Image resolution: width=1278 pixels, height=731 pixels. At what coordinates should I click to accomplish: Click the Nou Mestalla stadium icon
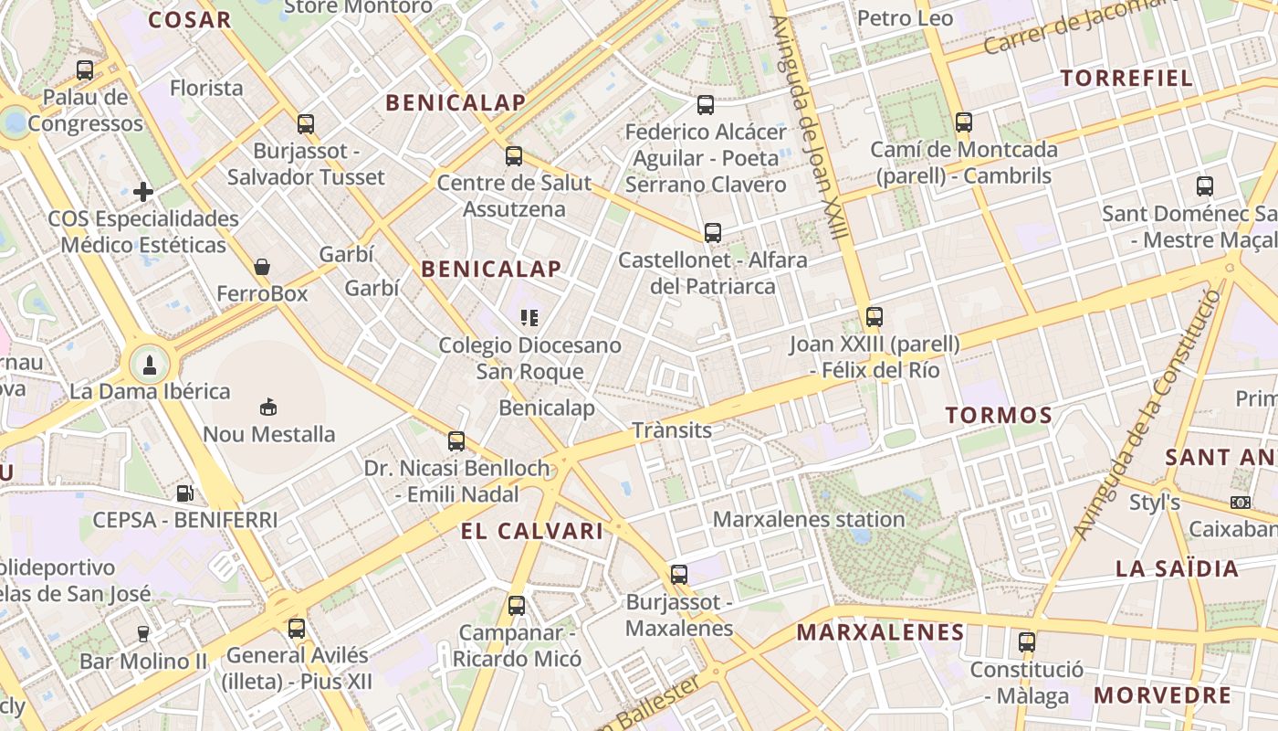(268, 407)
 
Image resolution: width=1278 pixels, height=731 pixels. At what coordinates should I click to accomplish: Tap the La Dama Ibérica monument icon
(150, 365)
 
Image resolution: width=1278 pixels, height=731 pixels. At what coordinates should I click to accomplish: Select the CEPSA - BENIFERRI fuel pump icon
(184, 493)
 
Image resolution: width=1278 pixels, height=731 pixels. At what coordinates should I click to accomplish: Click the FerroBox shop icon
(262, 267)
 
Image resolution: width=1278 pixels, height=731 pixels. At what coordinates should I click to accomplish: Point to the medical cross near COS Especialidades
(143, 192)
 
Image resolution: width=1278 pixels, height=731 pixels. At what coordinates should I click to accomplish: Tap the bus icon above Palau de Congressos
(85, 69)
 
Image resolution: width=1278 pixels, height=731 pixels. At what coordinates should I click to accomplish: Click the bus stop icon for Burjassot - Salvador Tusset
(306, 123)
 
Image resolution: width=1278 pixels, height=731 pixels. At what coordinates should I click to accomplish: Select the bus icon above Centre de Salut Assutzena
(514, 156)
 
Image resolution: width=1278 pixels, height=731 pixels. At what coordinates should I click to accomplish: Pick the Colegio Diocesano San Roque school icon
(529, 318)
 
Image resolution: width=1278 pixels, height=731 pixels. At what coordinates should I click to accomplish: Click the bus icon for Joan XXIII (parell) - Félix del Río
(875, 317)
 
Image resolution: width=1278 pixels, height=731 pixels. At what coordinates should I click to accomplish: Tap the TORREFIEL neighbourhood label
(1127, 79)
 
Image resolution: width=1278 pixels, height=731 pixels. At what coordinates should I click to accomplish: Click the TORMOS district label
(999, 416)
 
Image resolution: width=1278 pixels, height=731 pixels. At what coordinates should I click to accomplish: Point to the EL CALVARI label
(532, 532)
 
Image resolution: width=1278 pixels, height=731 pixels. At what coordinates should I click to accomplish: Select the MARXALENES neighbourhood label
(880, 632)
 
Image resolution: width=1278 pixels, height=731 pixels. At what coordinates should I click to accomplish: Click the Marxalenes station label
(809, 519)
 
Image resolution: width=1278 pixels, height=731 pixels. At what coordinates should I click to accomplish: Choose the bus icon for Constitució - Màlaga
(1027, 642)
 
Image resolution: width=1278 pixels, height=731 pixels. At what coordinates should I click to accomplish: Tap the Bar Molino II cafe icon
(143, 633)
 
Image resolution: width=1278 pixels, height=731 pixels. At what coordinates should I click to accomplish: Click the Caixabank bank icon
(1240, 503)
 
